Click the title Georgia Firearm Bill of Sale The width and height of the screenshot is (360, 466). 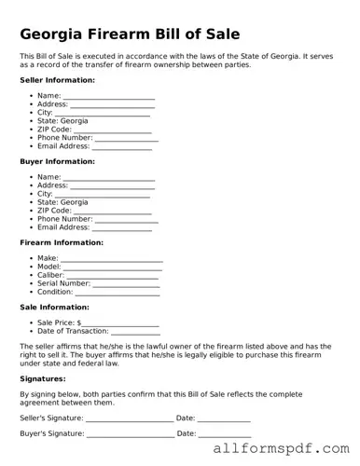130,34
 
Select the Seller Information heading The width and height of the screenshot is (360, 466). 57,81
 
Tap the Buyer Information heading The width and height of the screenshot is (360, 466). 56,161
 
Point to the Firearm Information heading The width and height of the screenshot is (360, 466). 62,242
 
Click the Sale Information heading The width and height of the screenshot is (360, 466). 54,307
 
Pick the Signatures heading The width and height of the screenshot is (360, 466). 44,379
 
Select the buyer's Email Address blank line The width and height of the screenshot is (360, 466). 121,227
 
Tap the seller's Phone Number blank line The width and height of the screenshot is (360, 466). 127,138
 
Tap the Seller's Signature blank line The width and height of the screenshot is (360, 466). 129,419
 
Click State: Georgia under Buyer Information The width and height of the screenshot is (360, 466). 62,201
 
